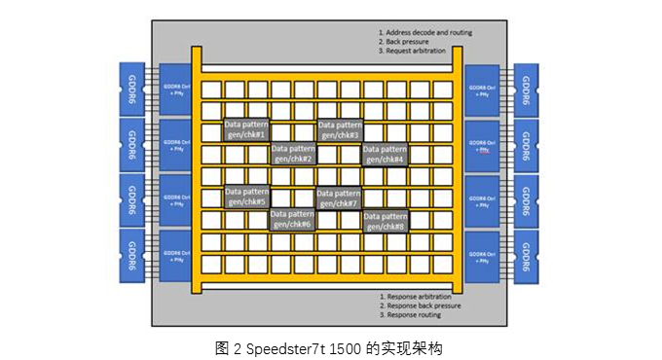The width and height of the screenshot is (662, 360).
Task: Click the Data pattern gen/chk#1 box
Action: [247, 129]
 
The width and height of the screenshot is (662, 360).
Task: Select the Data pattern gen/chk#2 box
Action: [293, 153]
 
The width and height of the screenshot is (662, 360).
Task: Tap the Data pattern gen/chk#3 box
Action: [340, 129]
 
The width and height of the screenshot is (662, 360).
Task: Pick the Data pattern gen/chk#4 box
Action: [386, 153]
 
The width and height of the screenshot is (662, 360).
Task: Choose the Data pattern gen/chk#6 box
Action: [293, 219]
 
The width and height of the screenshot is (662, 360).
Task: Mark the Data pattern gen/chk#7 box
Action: [340, 197]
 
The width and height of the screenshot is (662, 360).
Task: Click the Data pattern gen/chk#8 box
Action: [386, 220]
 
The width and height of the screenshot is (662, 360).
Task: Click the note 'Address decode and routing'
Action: [428, 32]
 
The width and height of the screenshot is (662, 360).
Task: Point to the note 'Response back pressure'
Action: [424, 306]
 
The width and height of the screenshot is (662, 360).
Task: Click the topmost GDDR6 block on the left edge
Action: [131, 89]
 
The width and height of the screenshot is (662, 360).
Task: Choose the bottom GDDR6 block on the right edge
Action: [527, 257]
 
